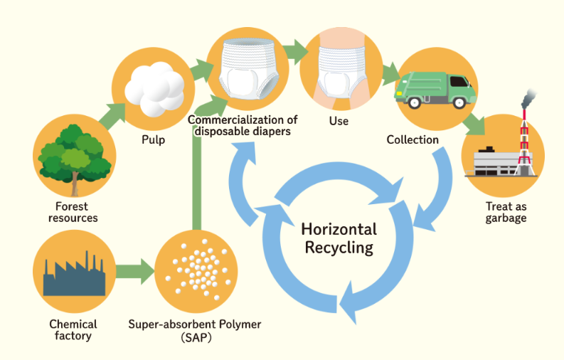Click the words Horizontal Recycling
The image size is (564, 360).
point(339,238)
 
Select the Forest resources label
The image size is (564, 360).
point(73,212)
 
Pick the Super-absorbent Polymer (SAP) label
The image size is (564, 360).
point(194,330)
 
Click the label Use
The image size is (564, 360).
point(339,121)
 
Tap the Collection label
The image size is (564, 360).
point(413,139)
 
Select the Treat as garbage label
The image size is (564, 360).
point(506,212)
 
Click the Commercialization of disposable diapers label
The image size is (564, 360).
point(243,125)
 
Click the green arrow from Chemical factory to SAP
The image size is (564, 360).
point(134,271)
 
